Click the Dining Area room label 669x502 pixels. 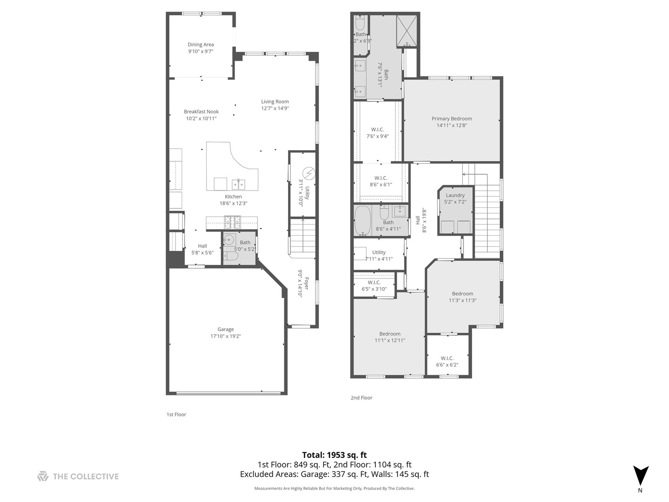tap(201, 45)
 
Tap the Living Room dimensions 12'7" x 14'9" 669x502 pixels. tap(275, 108)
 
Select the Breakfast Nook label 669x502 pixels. tap(201, 112)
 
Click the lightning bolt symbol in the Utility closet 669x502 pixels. tap(308, 174)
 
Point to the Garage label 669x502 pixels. tap(225, 329)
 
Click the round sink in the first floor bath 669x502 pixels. tap(229, 240)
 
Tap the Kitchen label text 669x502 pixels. tap(233, 197)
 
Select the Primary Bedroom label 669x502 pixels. tap(452, 119)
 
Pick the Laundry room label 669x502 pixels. tap(455, 195)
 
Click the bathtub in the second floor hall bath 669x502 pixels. tap(362, 221)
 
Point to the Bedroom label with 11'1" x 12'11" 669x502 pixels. tap(390, 334)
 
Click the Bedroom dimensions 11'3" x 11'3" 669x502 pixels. tap(462, 300)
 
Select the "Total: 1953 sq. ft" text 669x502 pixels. tap(334, 455)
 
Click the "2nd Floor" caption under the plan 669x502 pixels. tap(361, 398)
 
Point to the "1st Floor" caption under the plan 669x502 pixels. tap(176, 415)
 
